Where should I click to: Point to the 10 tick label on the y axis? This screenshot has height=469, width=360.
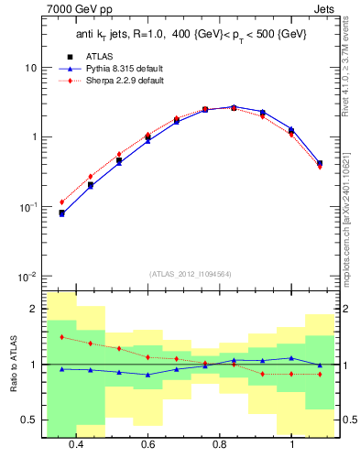31,69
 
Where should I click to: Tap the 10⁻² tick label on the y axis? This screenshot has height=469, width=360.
28,277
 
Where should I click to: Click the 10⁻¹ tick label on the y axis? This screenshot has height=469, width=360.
28,207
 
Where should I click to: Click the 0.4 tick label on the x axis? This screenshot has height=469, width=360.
76,444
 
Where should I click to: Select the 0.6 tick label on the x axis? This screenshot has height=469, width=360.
147,444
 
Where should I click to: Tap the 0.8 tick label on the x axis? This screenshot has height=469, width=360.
220,444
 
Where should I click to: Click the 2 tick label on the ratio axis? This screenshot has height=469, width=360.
34,309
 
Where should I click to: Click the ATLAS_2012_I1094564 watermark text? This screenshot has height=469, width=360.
190,274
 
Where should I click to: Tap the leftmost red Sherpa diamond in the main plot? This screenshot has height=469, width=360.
62,202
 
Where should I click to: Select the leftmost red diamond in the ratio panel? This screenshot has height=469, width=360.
62,337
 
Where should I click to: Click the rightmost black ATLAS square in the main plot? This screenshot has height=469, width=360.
320,163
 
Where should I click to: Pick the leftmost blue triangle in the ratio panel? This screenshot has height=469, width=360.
62,369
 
